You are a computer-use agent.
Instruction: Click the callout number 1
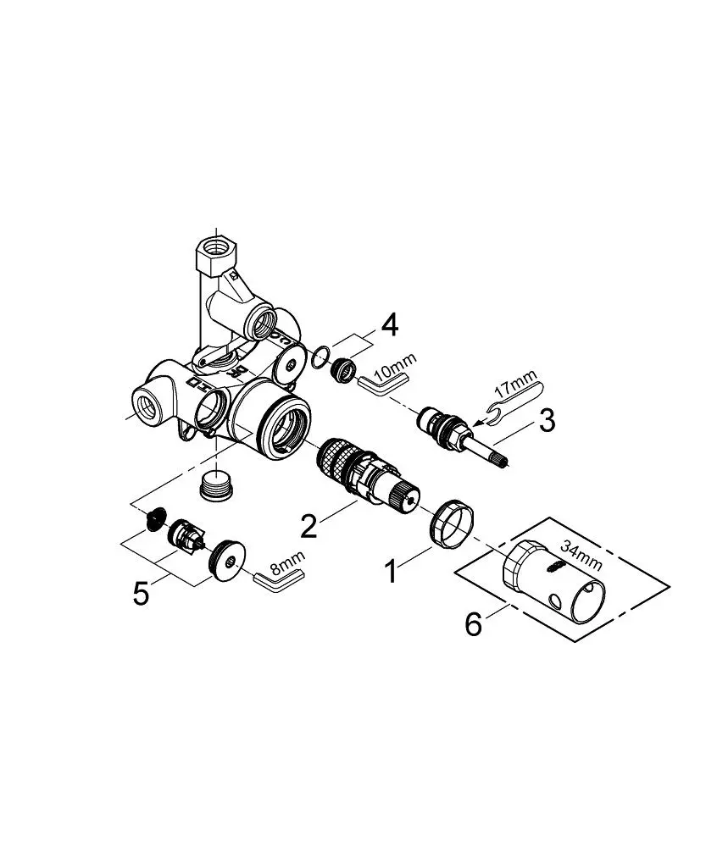tap(391, 572)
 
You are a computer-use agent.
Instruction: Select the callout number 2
tap(309, 525)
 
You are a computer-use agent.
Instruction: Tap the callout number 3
tap(547, 420)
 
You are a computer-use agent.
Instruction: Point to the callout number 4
tap(390, 325)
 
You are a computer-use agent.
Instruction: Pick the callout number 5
tap(141, 594)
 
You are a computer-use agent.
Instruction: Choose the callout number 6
tap(474, 624)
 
